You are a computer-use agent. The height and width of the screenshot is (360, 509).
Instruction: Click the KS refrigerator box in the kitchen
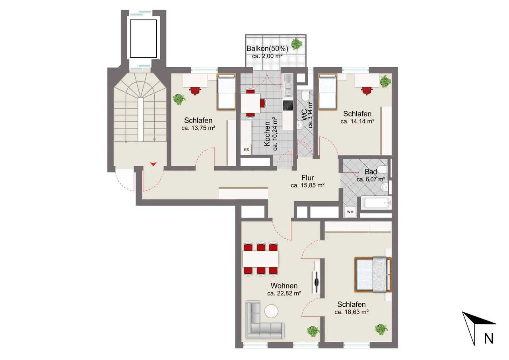246,150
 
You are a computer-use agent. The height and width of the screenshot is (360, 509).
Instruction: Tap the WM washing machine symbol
350,212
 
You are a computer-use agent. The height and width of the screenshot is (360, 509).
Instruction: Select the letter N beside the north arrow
489,339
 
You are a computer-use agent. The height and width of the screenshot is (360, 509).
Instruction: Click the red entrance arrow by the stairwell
153,164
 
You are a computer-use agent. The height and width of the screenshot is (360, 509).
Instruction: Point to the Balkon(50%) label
267,49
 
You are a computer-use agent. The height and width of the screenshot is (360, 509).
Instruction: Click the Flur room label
308,177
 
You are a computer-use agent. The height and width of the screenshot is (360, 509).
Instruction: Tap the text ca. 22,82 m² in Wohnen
284,294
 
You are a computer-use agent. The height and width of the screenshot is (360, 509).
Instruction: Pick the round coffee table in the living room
271,311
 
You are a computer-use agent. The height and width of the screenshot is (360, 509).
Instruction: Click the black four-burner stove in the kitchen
288,105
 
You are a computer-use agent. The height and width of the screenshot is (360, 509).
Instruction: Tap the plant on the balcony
297,44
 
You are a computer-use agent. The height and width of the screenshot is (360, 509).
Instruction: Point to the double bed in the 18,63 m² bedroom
373,274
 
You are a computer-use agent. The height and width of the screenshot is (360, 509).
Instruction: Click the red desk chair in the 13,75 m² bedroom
195,91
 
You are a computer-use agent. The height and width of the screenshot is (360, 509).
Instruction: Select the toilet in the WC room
305,96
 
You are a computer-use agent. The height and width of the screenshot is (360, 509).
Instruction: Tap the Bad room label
371,171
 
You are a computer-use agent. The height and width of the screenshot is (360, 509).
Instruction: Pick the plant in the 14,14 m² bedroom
385,82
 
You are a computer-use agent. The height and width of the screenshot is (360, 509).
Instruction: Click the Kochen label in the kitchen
267,134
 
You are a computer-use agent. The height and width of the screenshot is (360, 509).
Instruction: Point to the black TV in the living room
316,282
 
